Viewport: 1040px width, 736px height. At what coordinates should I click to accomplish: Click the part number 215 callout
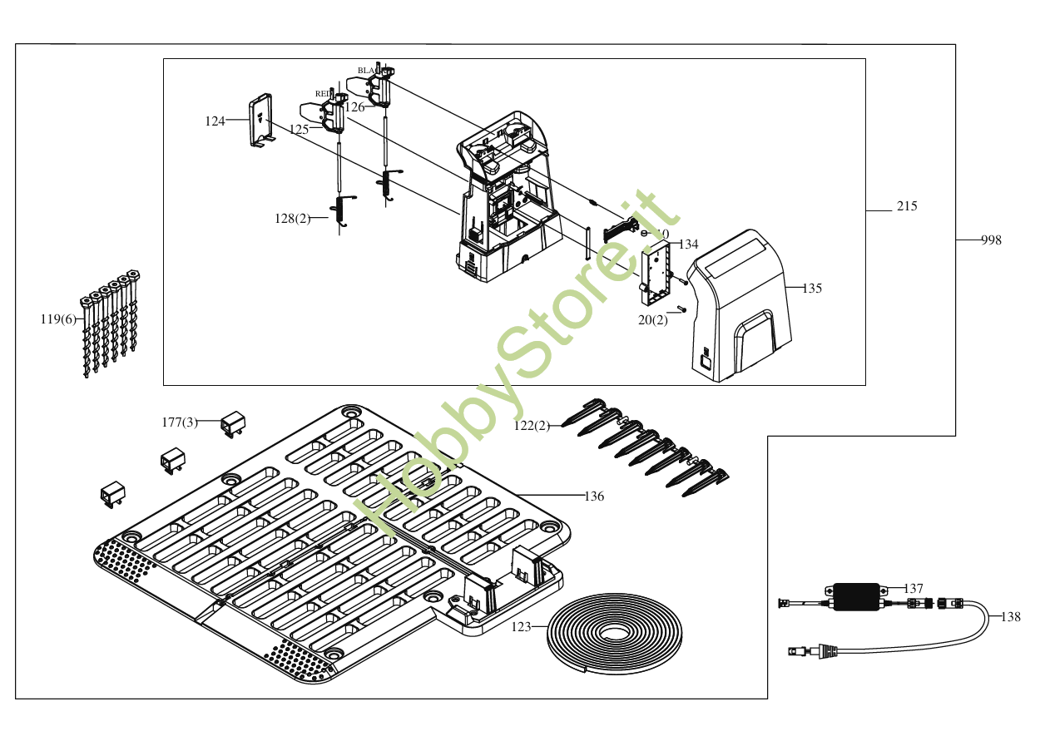[x=907, y=206]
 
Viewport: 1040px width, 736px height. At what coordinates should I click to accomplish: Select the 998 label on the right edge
[x=990, y=240]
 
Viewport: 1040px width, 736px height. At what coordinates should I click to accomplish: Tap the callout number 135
[x=812, y=289]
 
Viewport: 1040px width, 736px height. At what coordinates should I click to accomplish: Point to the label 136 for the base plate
[x=594, y=496]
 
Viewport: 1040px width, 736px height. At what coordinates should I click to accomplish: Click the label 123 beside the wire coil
[x=521, y=626]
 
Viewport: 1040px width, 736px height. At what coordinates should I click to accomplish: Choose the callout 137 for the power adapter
[x=914, y=589]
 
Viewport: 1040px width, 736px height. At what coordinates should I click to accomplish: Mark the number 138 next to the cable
[x=1010, y=617]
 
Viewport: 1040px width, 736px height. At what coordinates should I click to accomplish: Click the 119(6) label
[x=58, y=319]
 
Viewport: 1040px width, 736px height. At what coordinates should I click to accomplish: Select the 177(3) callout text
[x=180, y=422]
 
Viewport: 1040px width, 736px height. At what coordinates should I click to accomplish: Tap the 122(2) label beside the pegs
[x=532, y=426]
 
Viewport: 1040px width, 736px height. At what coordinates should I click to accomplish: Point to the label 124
[x=215, y=121]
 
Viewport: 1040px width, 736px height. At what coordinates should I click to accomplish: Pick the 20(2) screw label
[x=653, y=320]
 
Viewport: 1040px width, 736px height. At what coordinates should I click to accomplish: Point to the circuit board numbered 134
[x=657, y=270]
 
